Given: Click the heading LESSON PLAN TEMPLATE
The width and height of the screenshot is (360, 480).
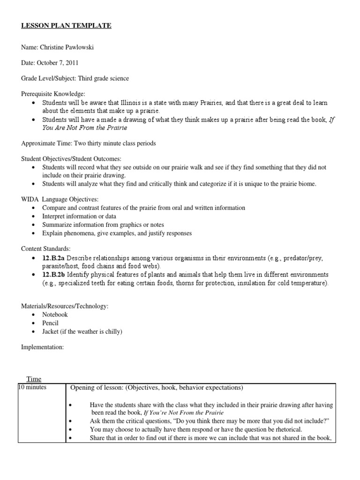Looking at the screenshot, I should tap(66, 25).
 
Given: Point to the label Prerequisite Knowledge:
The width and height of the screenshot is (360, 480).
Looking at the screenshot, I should tap(53, 94).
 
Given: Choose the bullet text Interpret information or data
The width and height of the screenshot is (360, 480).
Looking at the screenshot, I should tap(79, 216).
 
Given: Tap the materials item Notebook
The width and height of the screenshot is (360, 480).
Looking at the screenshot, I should tap(55, 315).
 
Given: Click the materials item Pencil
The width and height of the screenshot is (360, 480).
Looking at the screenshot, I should tap(51, 323).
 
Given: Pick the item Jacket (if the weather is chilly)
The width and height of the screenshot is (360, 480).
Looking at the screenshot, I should tap(82, 331).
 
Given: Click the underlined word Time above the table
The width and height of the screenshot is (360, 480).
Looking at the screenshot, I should tap(34, 379).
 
